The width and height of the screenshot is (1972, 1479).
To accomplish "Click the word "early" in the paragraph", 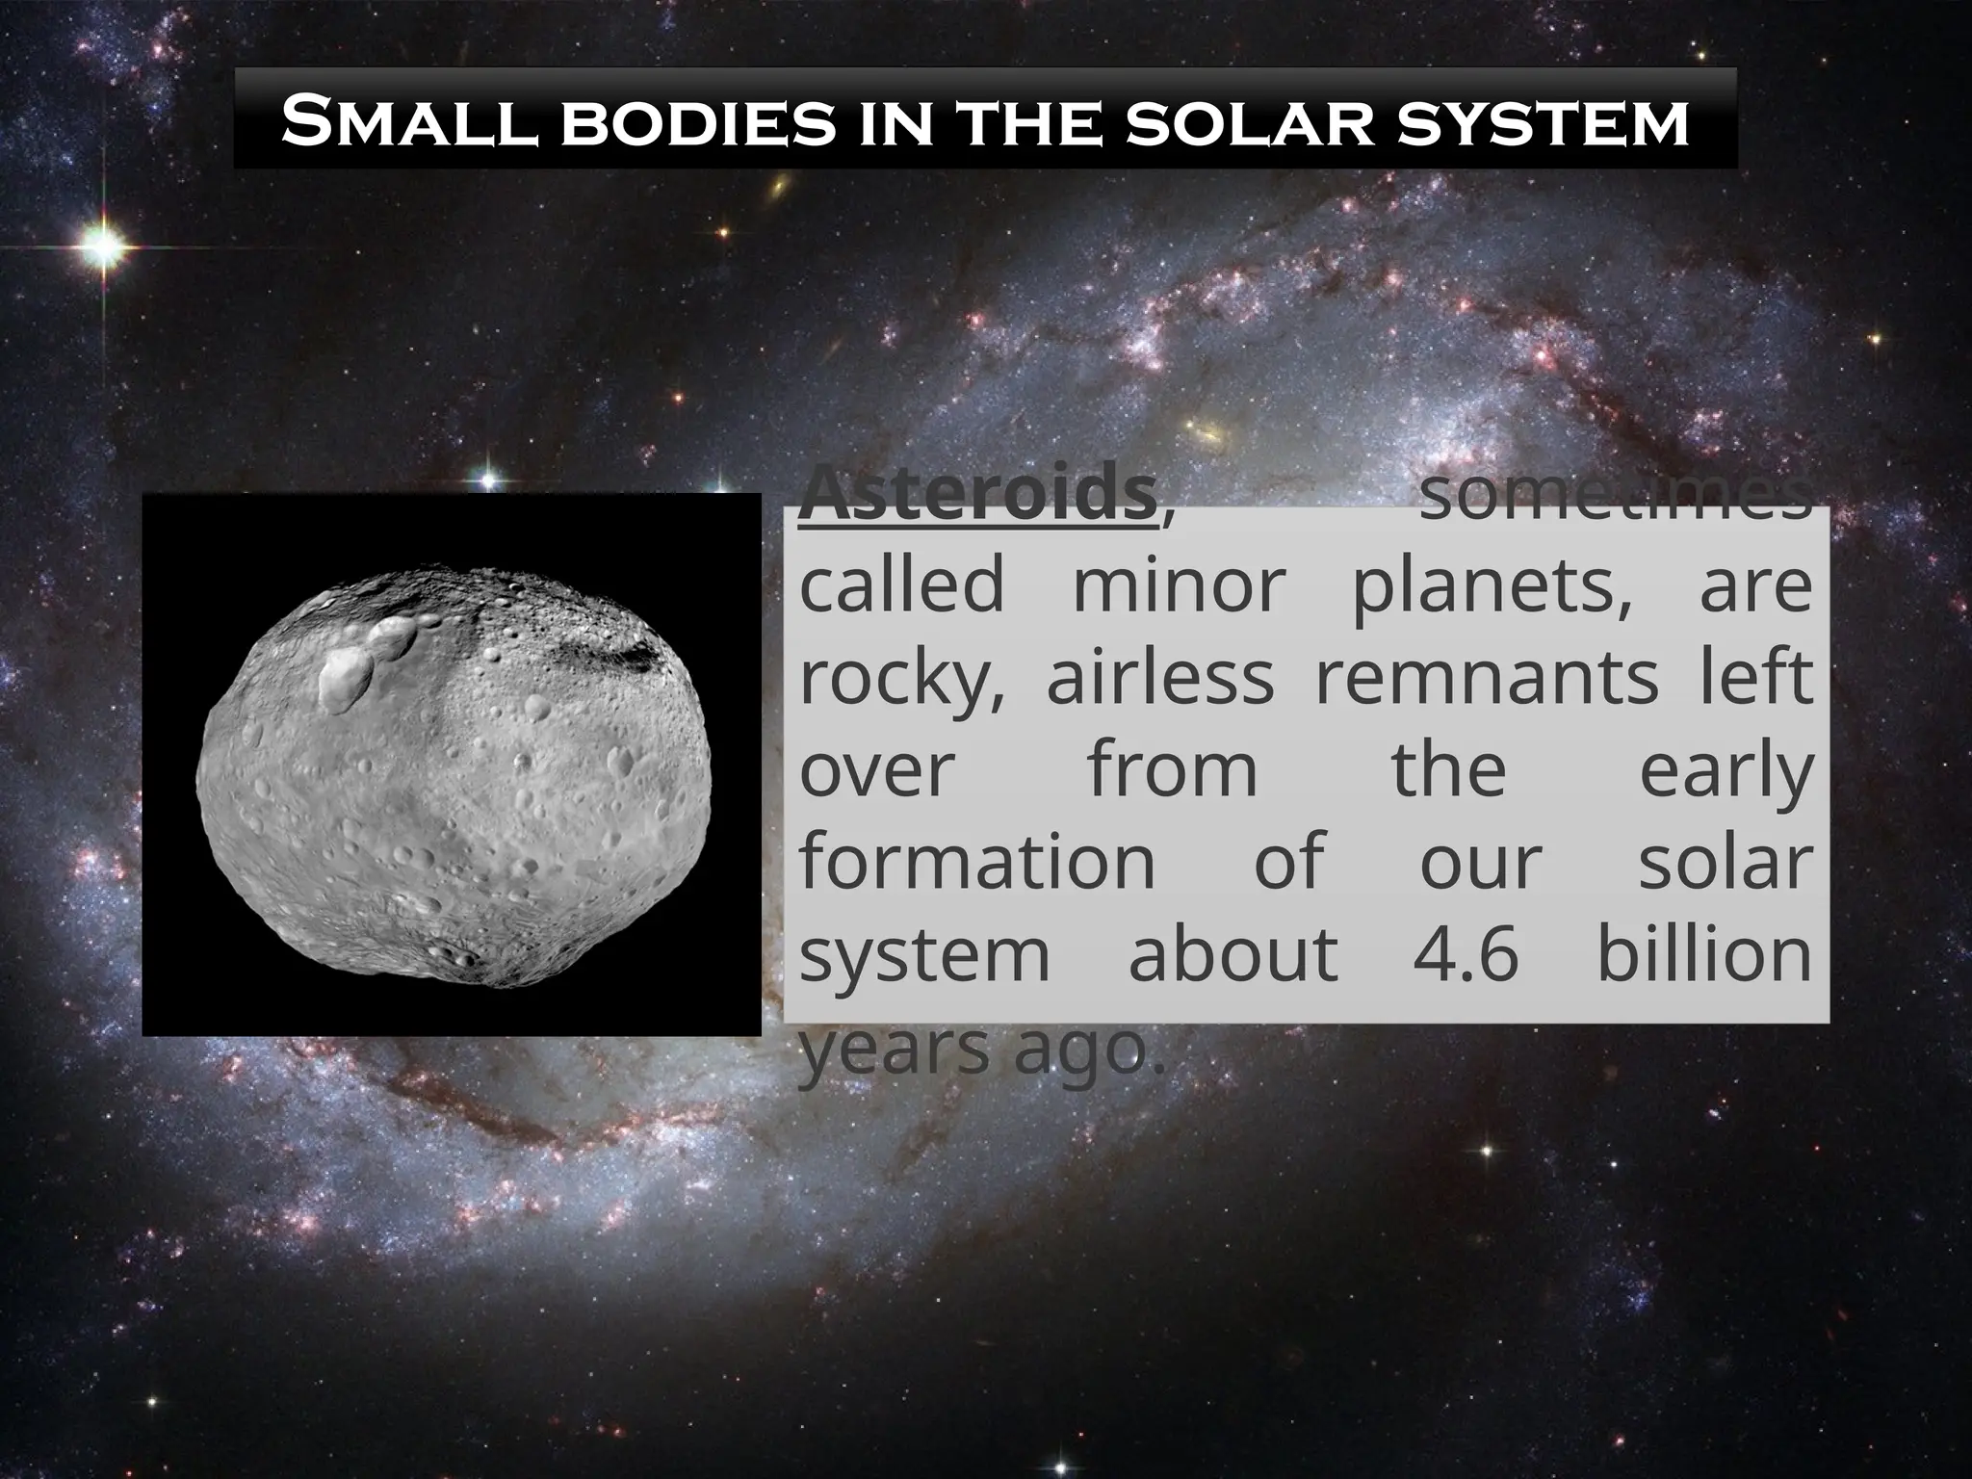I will click(1725, 772).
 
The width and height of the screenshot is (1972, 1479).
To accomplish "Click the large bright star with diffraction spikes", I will click(103, 247).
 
